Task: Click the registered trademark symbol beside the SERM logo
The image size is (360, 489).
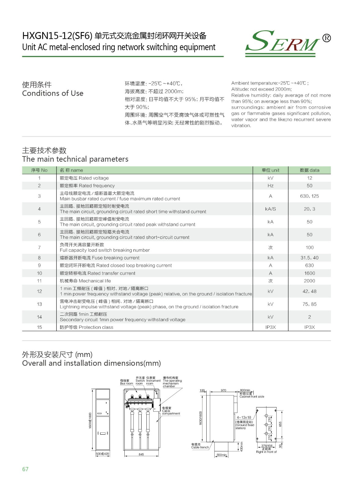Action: pyautogui.click(x=326, y=38)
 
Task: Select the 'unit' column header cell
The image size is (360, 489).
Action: pyautogui.click(x=270, y=170)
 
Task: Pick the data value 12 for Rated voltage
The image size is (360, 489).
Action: pyautogui.click(x=309, y=178)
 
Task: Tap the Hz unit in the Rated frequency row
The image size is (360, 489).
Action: pyautogui.click(x=270, y=186)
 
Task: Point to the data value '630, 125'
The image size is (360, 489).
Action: pyautogui.click(x=309, y=196)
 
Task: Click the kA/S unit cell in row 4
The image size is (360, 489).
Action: pyautogui.click(x=270, y=209)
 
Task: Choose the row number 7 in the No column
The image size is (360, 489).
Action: pyautogui.click(x=39, y=247)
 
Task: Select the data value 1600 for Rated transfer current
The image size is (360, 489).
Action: pyautogui.click(x=309, y=273)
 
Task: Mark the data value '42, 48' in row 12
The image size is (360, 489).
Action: pyautogui.click(x=309, y=291)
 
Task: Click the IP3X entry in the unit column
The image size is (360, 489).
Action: pyautogui.click(x=270, y=327)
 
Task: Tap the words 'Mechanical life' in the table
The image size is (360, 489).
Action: pyautogui.click(x=95, y=281)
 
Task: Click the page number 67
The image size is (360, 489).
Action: pyautogui.click(x=25, y=469)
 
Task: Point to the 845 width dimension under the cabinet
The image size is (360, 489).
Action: pyautogui.click(x=141, y=454)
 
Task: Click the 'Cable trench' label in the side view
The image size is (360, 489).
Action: pyautogui.click(x=200, y=447)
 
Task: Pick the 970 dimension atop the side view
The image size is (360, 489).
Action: pyautogui.click(x=223, y=390)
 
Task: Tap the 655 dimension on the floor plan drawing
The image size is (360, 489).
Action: pyautogui.click(x=280, y=424)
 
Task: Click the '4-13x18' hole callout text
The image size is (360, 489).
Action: pyautogui.click(x=244, y=417)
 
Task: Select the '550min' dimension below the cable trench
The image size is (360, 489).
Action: pyautogui.click(x=222, y=455)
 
